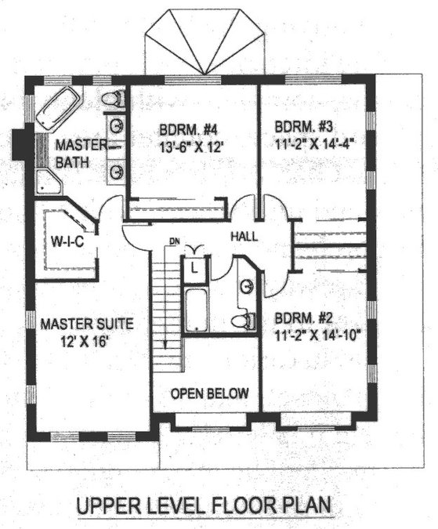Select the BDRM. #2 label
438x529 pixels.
tap(304, 318)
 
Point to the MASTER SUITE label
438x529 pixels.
tap(87, 324)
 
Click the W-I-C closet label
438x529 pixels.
tap(67, 241)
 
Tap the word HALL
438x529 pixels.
tap(244, 236)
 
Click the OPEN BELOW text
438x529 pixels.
tap(210, 393)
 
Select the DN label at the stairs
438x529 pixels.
tap(174, 241)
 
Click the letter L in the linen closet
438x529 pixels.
tap(194, 269)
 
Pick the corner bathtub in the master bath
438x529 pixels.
tap(59, 109)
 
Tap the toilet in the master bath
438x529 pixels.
tap(113, 99)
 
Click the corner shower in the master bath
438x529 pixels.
tap(49, 182)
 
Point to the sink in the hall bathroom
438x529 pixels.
tap(247, 286)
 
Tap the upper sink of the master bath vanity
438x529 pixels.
tap(118, 125)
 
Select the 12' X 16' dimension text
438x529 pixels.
tap(84, 342)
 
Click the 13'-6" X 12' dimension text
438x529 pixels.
tap(190, 147)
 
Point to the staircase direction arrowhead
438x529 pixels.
tap(165, 344)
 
